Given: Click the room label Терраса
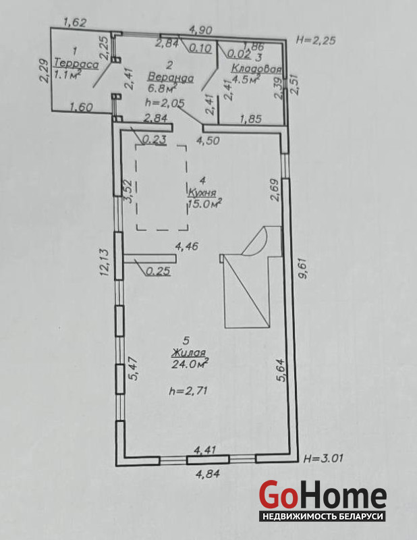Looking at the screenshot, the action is pyautogui.click(x=76, y=63).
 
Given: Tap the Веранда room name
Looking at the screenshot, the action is pyautogui.click(x=170, y=78).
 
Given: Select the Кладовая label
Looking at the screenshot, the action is pyautogui.click(x=256, y=68).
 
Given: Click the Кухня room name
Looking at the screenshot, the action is pyautogui.click(x=202, y=192).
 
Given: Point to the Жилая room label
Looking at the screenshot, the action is pyautogui.click(x=188, y=352).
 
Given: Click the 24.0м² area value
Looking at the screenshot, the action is pyautogui.click(x=190, y=363).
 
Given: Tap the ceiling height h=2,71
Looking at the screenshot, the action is pyautogui.click(x=188, y=391).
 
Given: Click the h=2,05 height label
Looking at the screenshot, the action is pyautogui.click(x=165, y=103).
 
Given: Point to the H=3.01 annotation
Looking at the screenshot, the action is pyautogui.click(x=323, y=458).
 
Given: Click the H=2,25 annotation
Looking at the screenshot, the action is pyautogui.click(x=315, y=40).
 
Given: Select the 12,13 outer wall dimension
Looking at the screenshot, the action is pyautogui.click(x=105, y=262).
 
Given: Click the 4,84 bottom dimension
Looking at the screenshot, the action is pyautogui.click(x=208, y=474).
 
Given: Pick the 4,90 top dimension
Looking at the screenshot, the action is pyautogui.click(x=201, y=30).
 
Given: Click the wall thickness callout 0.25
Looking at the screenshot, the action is pyautogui.click(x=158, y=271).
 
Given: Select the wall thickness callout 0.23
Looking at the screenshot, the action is pyautogui.click(x=155, y=140).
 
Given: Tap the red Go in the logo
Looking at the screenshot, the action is pyautogui.click(x=278, y=495).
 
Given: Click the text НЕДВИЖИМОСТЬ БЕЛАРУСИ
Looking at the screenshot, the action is pyautogui.click(x=323, y=516).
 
